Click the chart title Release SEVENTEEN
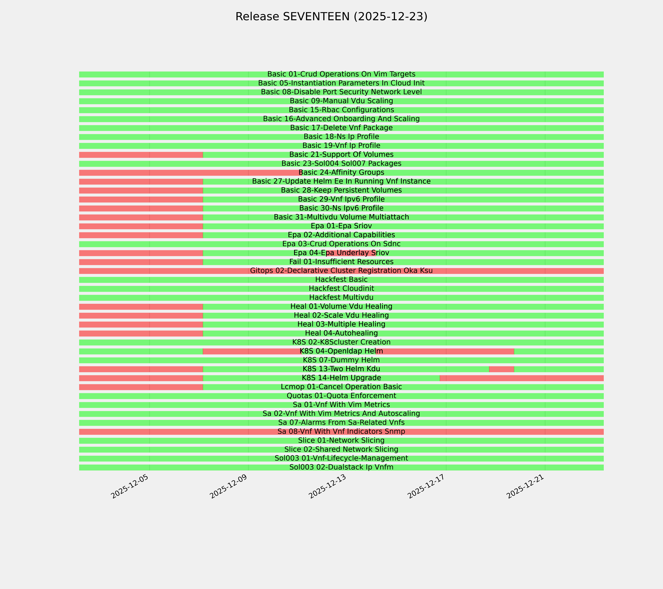click(331, 17)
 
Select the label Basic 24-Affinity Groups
click(341, 172)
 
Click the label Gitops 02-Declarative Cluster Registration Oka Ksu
click(341, 271)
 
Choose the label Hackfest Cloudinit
click(341, 288)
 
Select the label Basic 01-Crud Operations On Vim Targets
click(341, 74)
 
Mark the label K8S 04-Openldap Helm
click(341, 351)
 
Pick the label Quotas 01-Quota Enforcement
click(341, 396)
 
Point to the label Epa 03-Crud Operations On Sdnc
click(341, 244)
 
